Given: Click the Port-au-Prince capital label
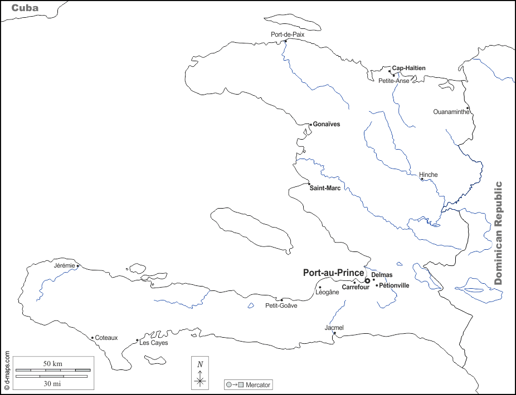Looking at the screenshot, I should coord(333,273).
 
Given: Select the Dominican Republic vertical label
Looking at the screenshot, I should coord(498,233).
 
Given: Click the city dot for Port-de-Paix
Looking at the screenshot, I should coord(285,41).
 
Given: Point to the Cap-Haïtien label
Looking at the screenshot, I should coord(408,68).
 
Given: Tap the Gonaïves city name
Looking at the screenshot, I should coord(326,124).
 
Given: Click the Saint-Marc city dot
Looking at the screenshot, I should coord(309,184).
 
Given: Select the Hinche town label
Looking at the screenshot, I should coord(429,175).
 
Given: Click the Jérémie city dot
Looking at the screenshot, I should coord(78,266).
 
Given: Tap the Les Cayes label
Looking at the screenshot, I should coord(153,343).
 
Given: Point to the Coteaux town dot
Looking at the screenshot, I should coord(92,337).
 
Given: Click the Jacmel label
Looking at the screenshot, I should coord(334,328).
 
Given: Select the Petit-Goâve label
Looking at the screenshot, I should coord(281,305).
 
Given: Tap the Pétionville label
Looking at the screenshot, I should coord(395,285).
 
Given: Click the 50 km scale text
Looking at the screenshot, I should coord(53,363).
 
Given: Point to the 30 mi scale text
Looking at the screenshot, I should coord(53,383).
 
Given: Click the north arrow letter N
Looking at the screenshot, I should coord(200,364).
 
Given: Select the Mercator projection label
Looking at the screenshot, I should coord(258,384).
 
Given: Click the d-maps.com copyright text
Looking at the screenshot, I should coord(7,369).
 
